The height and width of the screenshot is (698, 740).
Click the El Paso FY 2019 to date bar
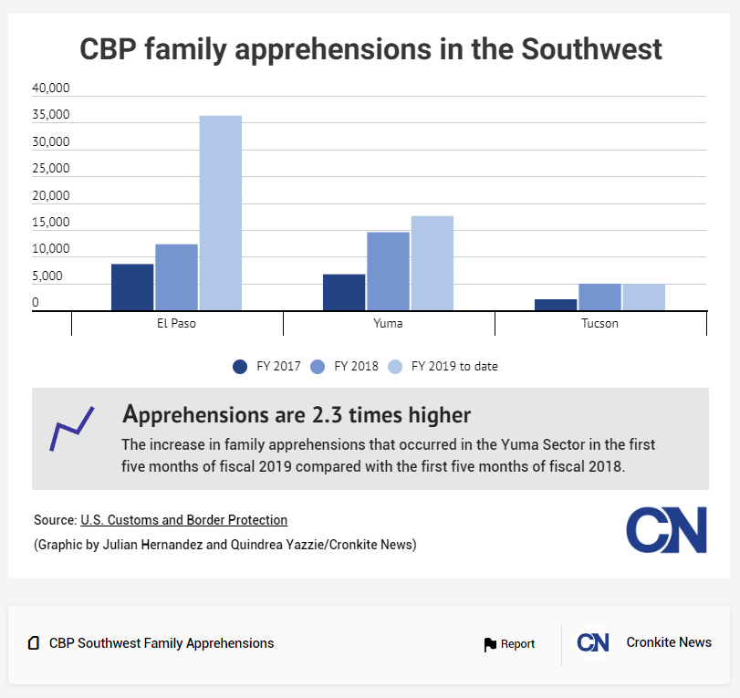point(220,213)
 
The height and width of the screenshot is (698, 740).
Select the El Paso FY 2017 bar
point(132,286)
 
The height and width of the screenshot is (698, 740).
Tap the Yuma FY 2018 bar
point(388,271)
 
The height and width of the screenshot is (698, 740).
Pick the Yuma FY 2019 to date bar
point(432,263)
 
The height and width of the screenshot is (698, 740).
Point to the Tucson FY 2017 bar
point(556,305)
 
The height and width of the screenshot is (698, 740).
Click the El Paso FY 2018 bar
point(176,276)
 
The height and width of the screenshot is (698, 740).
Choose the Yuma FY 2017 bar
point(344,292)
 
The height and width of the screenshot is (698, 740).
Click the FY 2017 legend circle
point(240,367)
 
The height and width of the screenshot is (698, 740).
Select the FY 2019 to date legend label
point(454,367)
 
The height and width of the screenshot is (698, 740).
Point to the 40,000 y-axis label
point(51,89)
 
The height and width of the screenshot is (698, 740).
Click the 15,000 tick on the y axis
point(51,223)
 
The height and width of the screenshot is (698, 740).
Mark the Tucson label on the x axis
point(599,323)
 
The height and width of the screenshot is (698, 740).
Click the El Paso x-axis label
point(176,323)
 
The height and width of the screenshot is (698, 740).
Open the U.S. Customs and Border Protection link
point(183,520)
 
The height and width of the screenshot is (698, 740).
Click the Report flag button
point(509,644)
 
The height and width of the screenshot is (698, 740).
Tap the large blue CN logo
point(666,529)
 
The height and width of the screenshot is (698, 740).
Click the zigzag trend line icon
point(72,429)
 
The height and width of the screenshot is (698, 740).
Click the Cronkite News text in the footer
point(669,642)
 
